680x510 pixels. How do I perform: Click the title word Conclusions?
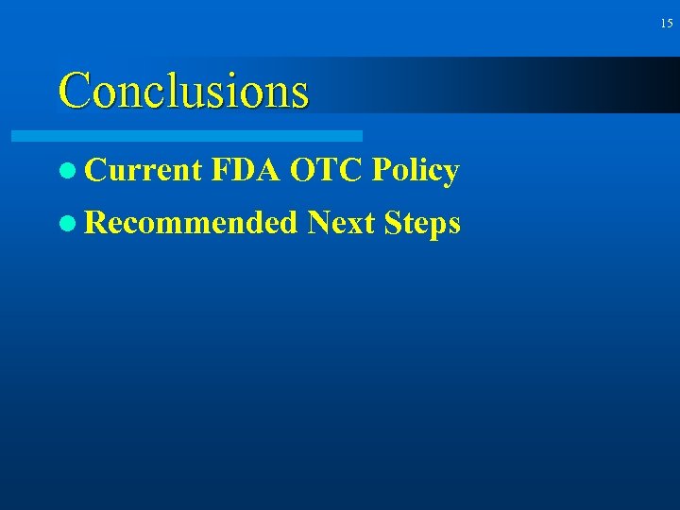coord(183,91)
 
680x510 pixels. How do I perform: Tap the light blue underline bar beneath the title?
coord(187,136)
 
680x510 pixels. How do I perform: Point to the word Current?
coord(143,171)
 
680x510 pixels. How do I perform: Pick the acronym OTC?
coord(327,171)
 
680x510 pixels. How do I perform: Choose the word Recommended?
coord(190,223)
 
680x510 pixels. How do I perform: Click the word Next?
coord(341,223)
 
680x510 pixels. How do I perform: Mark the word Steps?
coord(423,224)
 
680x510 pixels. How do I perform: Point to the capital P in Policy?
coord(382,171)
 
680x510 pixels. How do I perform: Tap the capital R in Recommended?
coord(95,223)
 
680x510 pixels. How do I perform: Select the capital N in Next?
coord(319,223)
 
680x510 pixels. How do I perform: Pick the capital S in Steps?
coord(394,223)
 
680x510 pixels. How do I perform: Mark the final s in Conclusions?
coord(299,94)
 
